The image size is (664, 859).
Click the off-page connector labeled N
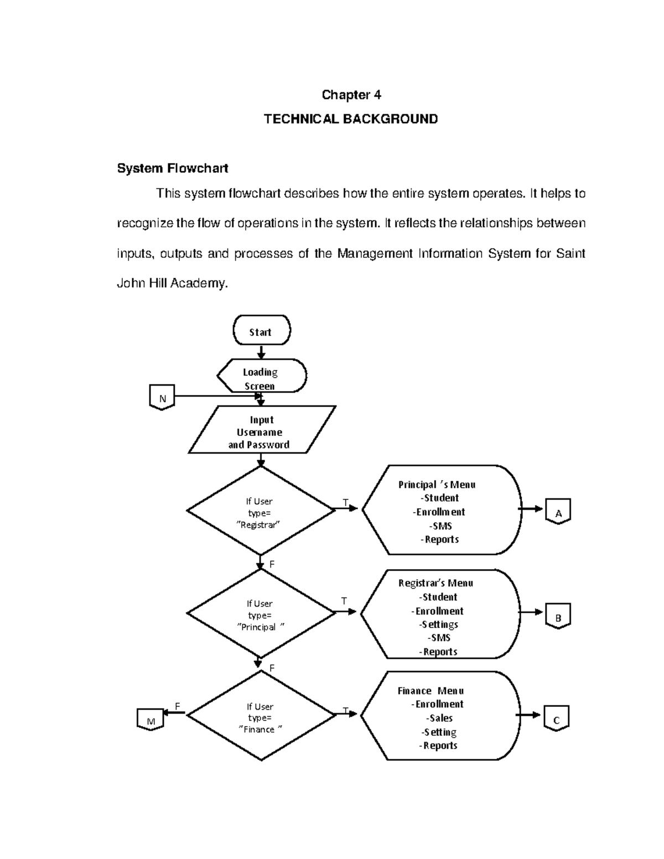[162, 398]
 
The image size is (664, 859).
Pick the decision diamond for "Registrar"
[260, 511]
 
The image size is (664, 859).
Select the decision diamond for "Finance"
[260, 716]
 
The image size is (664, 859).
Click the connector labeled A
[558, 512]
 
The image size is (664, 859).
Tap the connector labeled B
[558, 617]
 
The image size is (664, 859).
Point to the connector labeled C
[556, 719]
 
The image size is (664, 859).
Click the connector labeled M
[150, 720]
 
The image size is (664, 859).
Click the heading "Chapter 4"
[351, 95]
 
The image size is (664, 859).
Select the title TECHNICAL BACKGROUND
[351, 119]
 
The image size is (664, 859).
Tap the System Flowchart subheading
[173, 168]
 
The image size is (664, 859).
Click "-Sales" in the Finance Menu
[440, 718]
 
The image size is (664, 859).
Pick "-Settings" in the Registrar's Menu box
[438, 624]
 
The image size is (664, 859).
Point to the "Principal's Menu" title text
[437, 485]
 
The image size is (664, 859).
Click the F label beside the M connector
[177, 706]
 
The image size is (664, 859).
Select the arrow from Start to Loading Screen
[261, 352]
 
